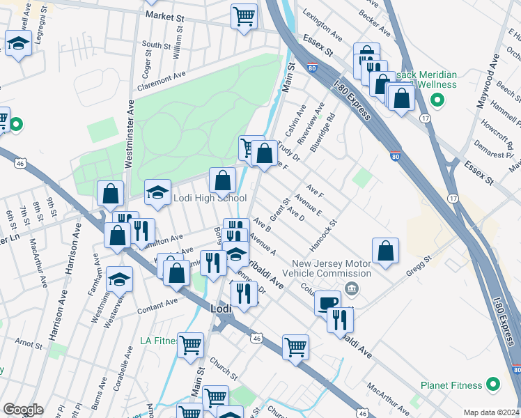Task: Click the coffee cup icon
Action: pyautogui.click(x=327, y=303)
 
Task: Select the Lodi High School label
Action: pyautogui.click(x=208, y=198)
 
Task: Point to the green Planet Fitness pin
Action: pyautogui.click(x=494, y=385)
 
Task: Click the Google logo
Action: pyautogui.click(x=22, y=410)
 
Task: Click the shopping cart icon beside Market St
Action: pyautogui.click(x=244, y=15)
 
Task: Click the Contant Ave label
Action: pyautogui.click(x=158, y=306)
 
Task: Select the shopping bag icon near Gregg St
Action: pyautogui.click(x=385, y=251)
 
